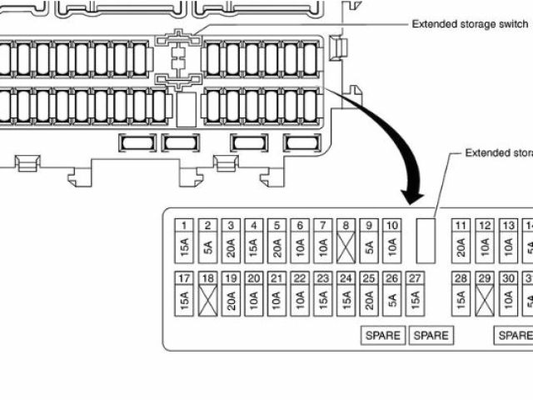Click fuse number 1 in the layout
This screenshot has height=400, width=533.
185,226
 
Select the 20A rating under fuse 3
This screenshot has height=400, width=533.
231,247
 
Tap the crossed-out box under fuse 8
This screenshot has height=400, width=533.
346,247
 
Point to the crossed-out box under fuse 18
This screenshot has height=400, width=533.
208,301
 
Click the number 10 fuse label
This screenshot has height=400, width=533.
392,226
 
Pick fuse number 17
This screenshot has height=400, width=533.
185,279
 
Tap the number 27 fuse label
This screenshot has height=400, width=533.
416,279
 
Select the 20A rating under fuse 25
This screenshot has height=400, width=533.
369,301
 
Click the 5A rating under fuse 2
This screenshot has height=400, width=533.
208,247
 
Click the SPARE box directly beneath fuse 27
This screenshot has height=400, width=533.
431,336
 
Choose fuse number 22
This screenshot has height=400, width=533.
300,279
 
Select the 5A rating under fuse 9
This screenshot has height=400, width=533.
369,247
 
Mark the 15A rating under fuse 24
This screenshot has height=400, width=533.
346,301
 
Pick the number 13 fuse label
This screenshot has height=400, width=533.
507,226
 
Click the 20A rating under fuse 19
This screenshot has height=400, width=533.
231,301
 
